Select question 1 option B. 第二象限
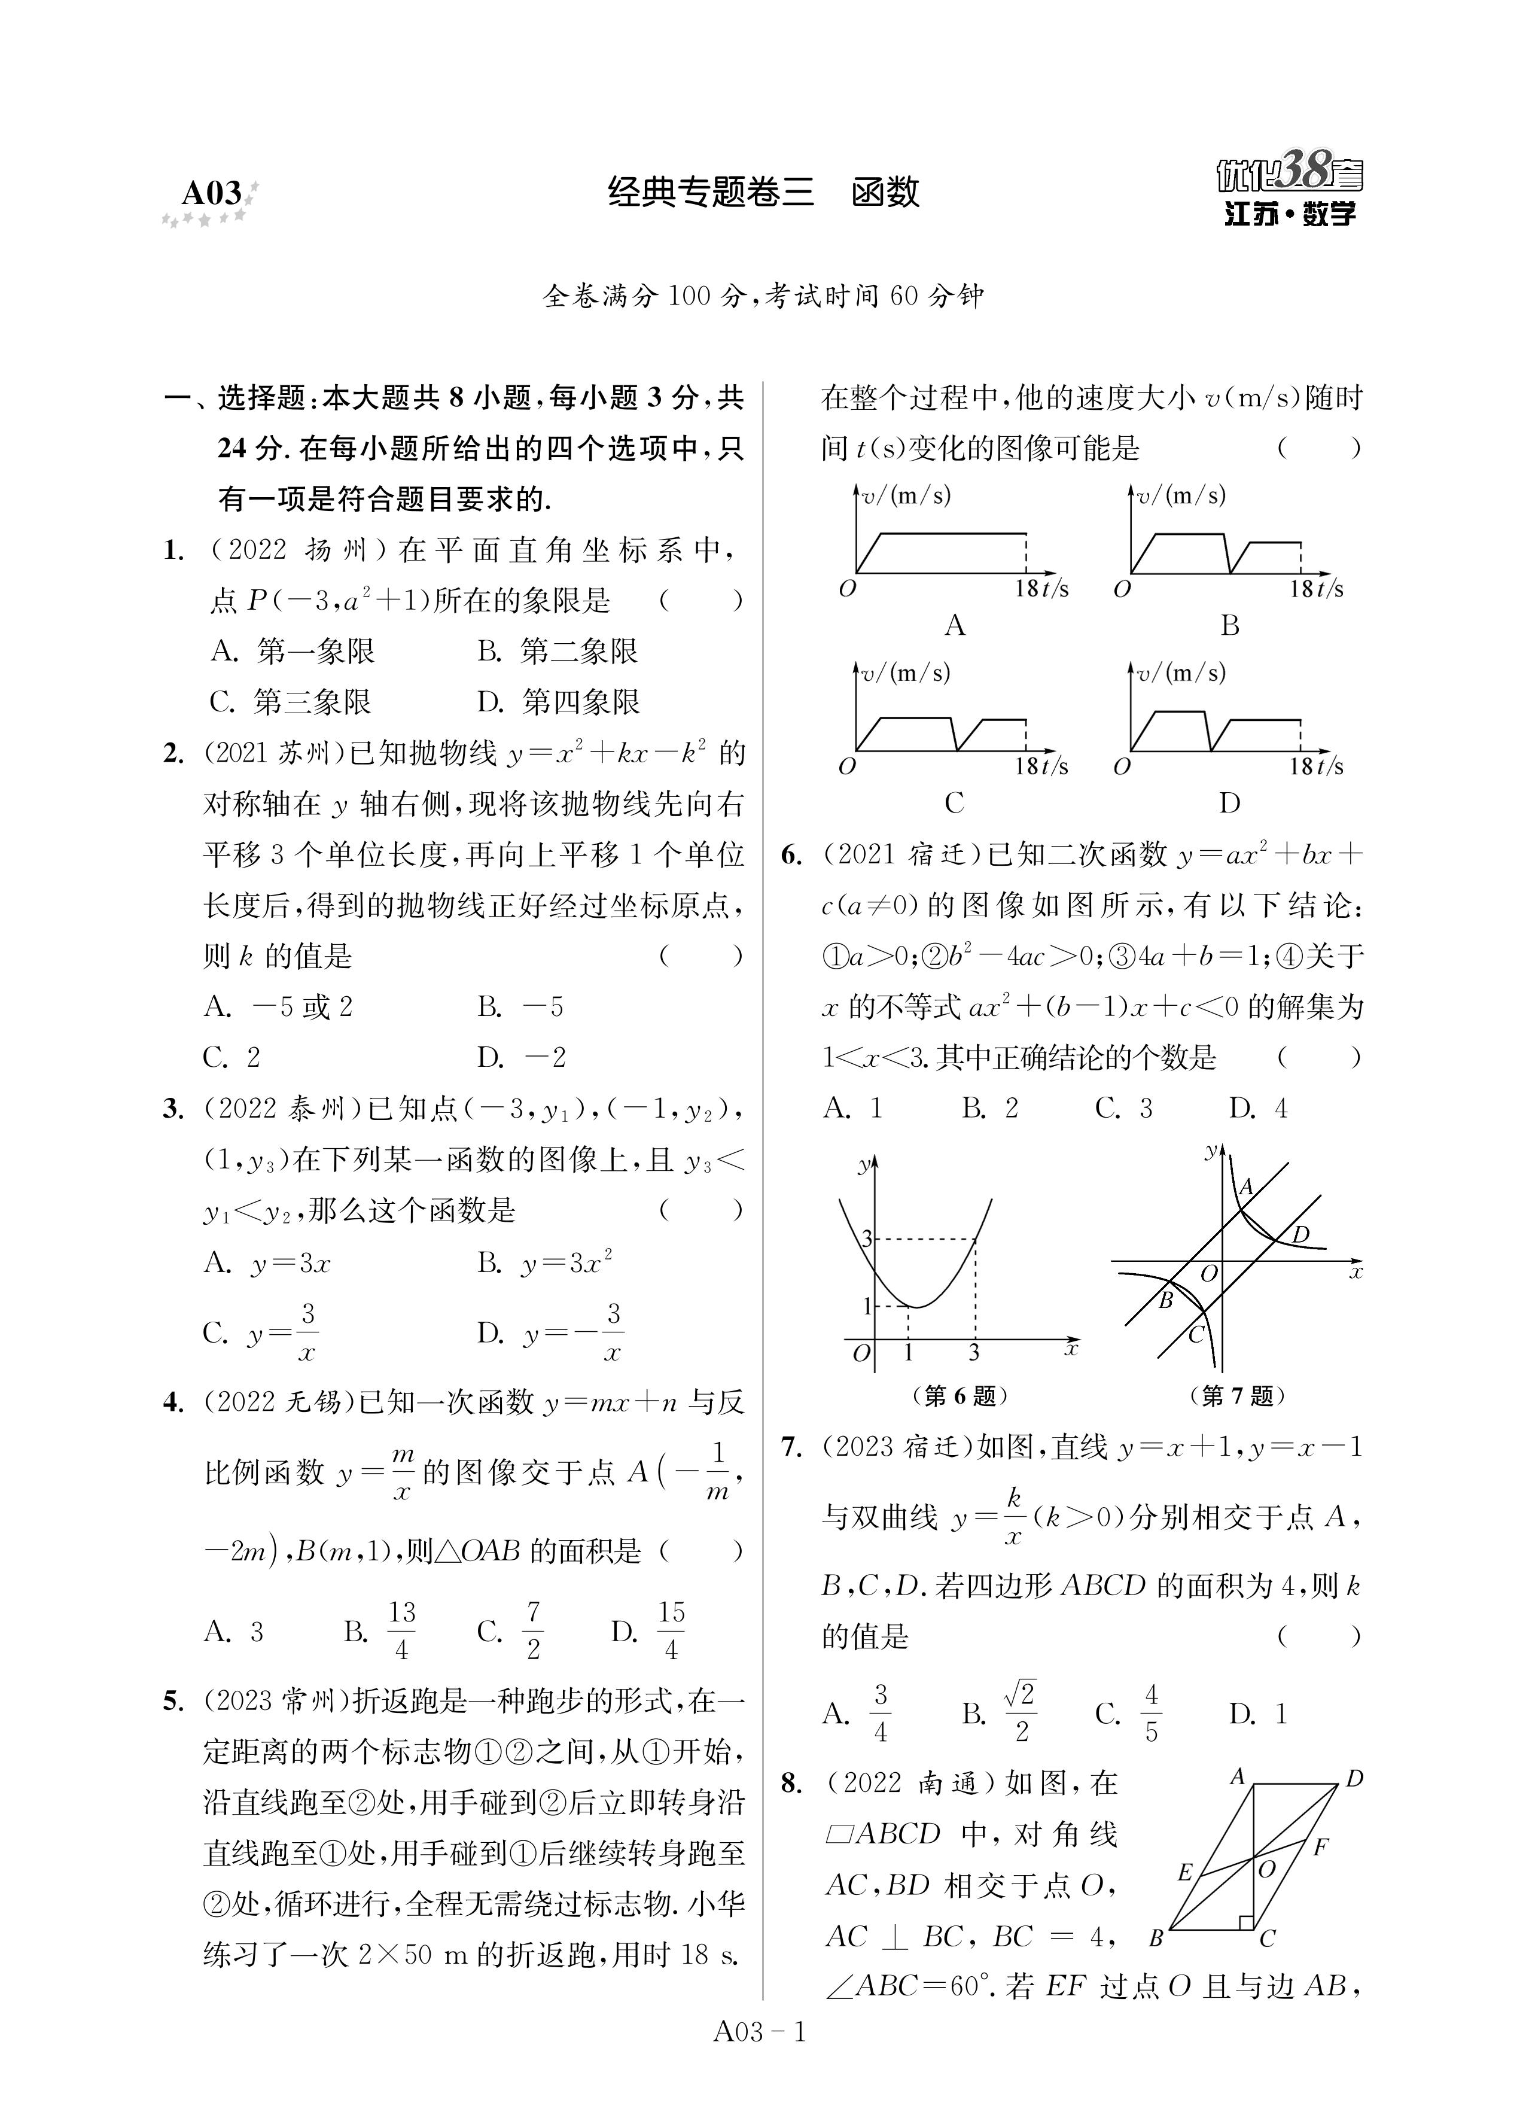[557, 651]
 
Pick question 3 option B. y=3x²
[544, 1262]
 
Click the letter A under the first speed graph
[954, 625]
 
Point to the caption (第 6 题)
[960, 1396]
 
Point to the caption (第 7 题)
[1236, 1396]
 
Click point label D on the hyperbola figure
[1299, 1235]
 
